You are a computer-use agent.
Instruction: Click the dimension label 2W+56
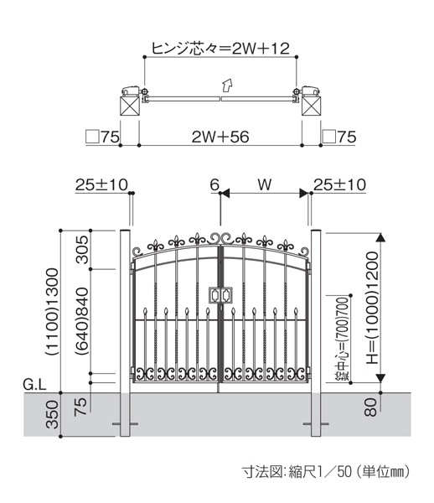(x=220, y=137)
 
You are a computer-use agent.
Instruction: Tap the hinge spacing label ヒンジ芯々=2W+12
(x=220, y=49)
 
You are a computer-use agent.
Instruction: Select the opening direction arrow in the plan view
(x=227, y=85)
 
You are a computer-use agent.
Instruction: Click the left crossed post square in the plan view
(x=130, y=106)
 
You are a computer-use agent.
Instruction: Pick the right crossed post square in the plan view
(x=311, y=106)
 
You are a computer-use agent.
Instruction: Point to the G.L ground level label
(x=34, y=384)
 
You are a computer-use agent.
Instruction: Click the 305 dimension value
(x=82, y=250)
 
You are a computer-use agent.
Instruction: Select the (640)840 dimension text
(x=82, y=321)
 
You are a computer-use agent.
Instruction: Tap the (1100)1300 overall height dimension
(x=53, y=312)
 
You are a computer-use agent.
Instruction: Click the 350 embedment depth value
(x=53, y=414)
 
